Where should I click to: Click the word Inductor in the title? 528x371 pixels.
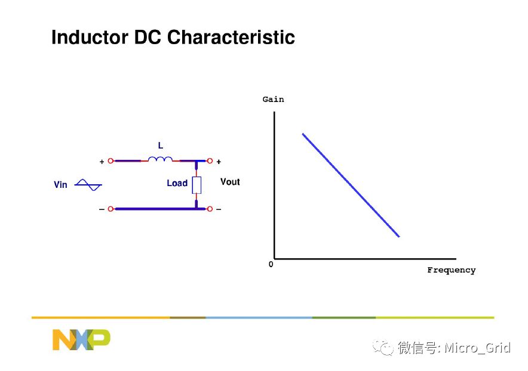[x=90, y=37]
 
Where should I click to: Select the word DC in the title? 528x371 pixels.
[x=148, y=37]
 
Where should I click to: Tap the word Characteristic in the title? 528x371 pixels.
[x=231, y=37]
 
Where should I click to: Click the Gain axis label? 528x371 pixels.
[x=273, y=99]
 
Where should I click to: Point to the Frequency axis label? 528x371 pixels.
[x=451, y=270]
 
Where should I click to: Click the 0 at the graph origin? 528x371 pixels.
[x=271, y=264]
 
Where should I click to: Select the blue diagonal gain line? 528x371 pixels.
[x=351, y=185]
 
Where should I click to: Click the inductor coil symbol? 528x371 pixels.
[x=160, y=159]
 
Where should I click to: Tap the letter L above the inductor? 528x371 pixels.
[x=161, y=146]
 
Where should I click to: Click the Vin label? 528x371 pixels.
[x=60, y=185]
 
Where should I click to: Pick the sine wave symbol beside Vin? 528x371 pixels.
[x=88, y=185]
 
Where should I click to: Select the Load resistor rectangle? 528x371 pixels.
[x=197, y=185]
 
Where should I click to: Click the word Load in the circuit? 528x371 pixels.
[x=177, y=183]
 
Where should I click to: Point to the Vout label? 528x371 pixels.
[x=230, y=182]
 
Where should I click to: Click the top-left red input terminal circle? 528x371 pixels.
[x=110, y=161]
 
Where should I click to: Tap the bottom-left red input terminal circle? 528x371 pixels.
[x=110, y=209]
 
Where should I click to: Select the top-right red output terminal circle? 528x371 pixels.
[x=210, y=161]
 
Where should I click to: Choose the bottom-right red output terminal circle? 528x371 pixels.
[x=210, y=209]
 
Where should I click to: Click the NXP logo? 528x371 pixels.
[x=81, y=340]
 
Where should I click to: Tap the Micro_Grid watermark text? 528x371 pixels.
[x=477, y=348]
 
